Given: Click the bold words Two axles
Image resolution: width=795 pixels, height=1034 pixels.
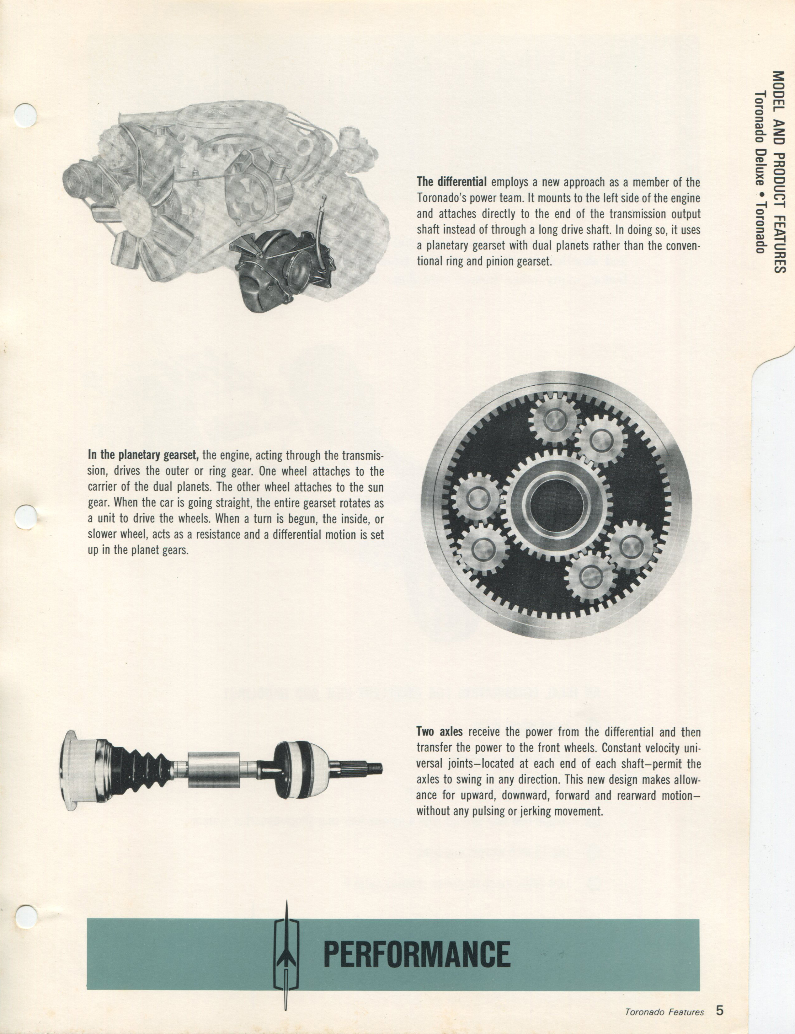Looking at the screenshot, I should pos(440,732).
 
